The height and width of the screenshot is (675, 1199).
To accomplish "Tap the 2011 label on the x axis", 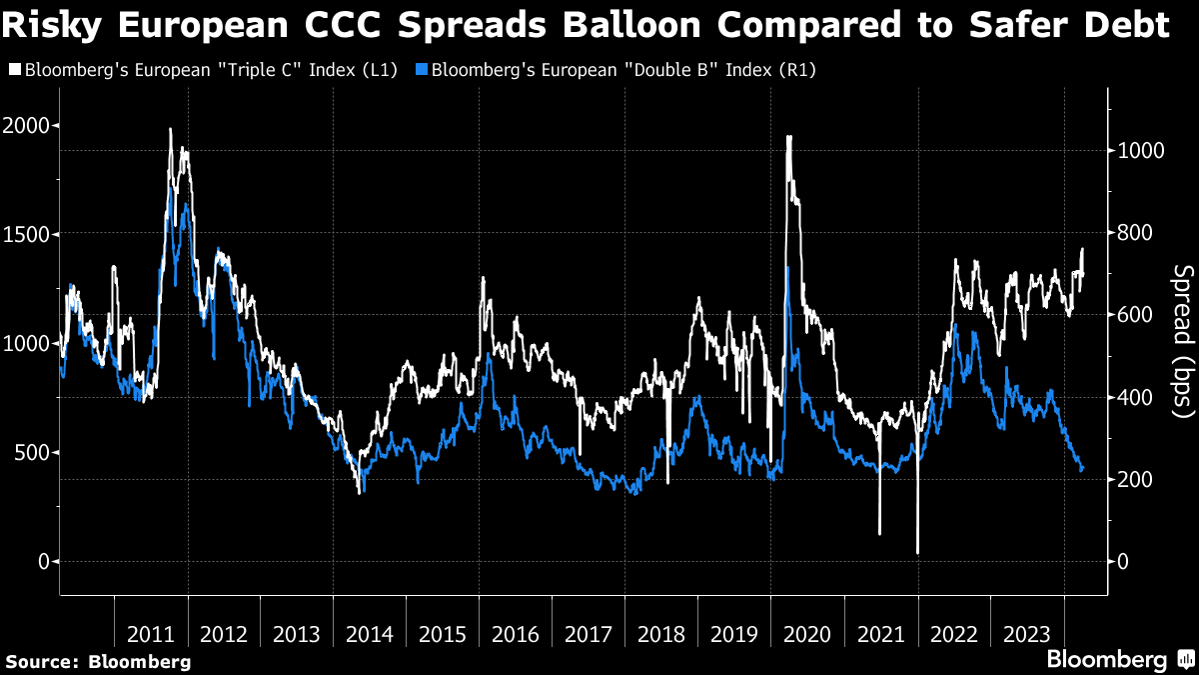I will point(152,635).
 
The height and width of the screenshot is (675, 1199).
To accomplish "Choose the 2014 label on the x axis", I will point(371,635).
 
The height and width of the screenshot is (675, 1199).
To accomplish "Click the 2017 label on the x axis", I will point(590,635).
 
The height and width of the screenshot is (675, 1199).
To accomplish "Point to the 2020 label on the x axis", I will point(808,635).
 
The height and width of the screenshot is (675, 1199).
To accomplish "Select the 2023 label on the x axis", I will point(1027,635).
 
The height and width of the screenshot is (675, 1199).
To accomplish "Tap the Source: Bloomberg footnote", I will point(98,662).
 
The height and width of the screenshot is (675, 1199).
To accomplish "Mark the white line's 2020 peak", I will point(789,137).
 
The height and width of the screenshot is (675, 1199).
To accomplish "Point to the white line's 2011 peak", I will point(170,129).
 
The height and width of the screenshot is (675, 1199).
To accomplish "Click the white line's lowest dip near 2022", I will point(917,552).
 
